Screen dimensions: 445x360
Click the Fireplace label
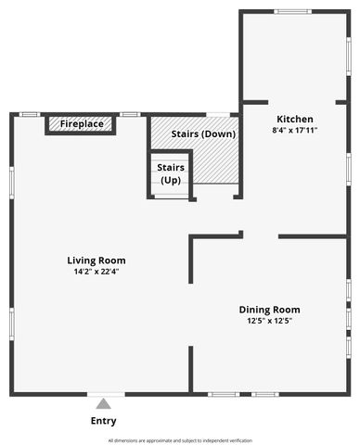(x=81, y=123)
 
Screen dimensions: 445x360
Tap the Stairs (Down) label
(x=203, y=134)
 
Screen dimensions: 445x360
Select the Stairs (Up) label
(x=170, y=173)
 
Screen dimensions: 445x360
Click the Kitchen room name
(x=295, y=120)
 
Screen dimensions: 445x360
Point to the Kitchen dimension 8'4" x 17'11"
(x=295, y=131)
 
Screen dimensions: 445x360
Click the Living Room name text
(x=96, y=261)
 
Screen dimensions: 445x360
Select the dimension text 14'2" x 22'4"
(x=96, y=272)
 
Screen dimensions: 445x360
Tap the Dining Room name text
(x=269, y=310)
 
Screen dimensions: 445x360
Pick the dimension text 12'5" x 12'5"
(x=269, y=321)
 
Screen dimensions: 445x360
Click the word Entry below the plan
(x=103, y=421)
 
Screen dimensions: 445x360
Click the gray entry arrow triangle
(x=103, y=403)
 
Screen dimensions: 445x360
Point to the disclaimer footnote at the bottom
(x=180, y=439)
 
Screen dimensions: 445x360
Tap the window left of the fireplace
(x=30, y=114)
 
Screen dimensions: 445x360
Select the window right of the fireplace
(x=130, y=114)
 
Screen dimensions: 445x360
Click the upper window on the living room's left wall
(x=11, y=182)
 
